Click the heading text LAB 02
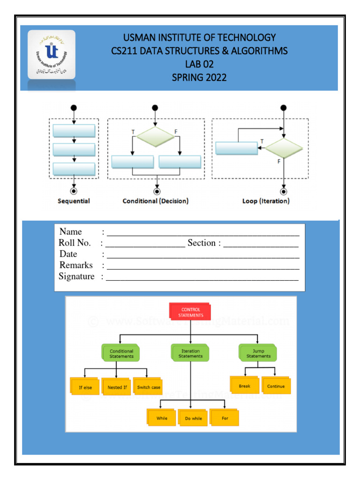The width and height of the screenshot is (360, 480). click(199, 64)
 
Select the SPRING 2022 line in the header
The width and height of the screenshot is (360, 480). click(199, 77)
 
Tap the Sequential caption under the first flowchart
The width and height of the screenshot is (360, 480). click(74, 201)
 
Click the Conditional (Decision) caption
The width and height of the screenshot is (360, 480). click(156, 201)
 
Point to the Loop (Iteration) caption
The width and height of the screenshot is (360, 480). click(266, 201)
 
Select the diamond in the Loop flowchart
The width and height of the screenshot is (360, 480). click(283, 148)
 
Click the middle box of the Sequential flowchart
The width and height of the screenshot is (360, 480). click(74, 150)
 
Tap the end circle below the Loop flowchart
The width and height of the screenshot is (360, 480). click(284, 191)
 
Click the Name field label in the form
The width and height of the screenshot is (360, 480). click(71, 232)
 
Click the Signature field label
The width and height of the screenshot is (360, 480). click(76, 277)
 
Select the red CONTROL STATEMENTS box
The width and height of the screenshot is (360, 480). click(190, 313)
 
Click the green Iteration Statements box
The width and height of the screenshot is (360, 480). click(190, 353)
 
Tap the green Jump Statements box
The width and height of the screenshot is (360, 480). click(258, 353)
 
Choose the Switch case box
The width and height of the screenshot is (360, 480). click(149, 387)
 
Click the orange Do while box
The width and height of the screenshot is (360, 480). click(193, 418)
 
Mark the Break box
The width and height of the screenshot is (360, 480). click(244, 386)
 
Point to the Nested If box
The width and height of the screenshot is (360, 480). click(117, 387)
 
